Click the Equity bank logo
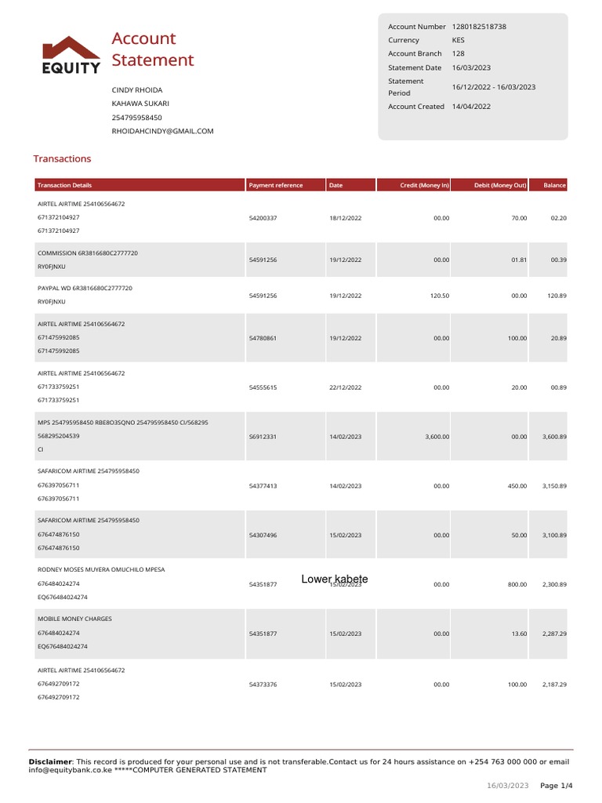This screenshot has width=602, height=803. [x=71, y=55]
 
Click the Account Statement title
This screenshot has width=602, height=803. [x=152, y=49]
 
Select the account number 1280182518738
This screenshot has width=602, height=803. [x=479, y=27]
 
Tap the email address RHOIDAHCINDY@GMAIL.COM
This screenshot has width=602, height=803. [x=162, y=131]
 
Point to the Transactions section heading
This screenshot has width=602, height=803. [x=62, y=158]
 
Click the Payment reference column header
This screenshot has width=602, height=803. [x=276, y=186]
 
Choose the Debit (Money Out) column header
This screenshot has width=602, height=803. [x=500, y=186]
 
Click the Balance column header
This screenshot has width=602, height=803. [x=554, y=186]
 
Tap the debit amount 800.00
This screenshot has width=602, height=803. [x=517, y=584]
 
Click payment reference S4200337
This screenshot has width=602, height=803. [x=263, y=217]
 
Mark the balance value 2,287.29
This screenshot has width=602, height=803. [x=553, y=633]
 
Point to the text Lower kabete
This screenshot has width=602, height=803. [x=335, y=579]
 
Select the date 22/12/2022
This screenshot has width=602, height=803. [x=346, y=387]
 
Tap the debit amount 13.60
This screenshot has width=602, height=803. [x=519, y=633]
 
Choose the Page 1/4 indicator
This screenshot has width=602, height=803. [x=556, y=786]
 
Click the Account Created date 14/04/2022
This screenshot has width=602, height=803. [x=471, y=107]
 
